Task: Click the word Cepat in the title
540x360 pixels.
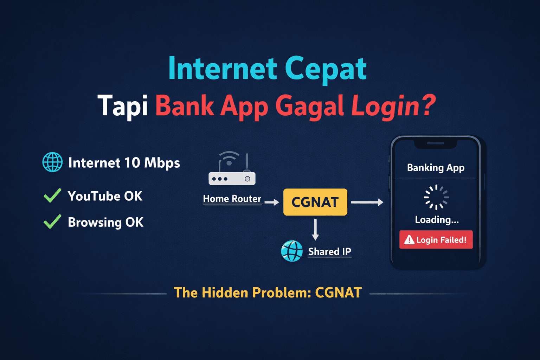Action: coord(326,69)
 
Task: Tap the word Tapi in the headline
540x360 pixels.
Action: coord(123,105)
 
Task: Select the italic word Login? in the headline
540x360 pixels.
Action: coord(393,105)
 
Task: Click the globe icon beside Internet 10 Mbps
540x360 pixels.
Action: coord(52,162)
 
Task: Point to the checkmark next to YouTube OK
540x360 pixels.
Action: coord(52,195)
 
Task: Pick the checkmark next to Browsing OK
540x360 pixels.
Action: coord(52,222)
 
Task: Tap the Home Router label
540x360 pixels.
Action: coord(232,199)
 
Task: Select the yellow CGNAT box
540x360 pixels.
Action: coord(315,202)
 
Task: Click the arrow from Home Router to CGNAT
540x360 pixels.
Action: coord(272,202)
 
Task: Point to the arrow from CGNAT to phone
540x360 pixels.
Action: coord(367,202)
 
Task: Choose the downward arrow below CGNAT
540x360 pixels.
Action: coord(315,229)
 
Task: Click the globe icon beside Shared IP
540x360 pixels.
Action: coord(292,251)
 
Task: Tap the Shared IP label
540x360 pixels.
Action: coord(329,252)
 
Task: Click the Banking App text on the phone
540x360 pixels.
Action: coord(436,168)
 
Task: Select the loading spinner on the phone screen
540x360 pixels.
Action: coord(436,197)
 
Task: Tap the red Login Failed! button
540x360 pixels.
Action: coord(436,240)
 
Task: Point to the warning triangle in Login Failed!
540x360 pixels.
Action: coord(409,240)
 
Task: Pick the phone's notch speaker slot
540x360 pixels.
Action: coord(436,143)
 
